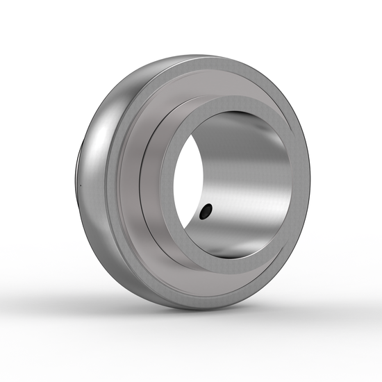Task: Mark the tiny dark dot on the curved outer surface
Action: tap(81, 186)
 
